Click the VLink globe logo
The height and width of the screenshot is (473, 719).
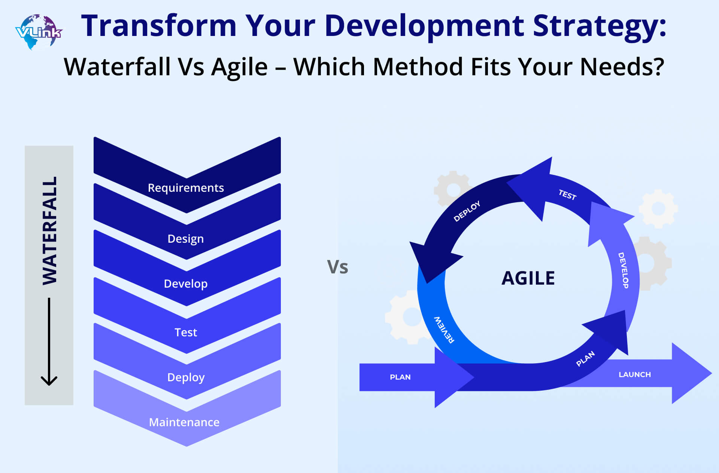click(39, 32)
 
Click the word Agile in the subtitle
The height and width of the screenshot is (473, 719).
click(239, 67)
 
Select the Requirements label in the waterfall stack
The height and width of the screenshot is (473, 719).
click(186, 188)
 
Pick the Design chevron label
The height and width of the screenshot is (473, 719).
click(186, 239)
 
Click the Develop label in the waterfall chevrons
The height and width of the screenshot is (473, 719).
click(186, 284)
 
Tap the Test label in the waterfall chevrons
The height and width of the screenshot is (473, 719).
click(186, 332)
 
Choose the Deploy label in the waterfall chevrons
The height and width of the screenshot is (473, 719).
click(186, 377)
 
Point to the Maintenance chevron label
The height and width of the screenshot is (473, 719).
click(184, 422)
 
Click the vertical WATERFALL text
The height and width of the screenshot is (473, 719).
click(49, 231)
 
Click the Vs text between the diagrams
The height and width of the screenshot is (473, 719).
click(337, 267)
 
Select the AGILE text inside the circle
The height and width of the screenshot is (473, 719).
click(528, 278)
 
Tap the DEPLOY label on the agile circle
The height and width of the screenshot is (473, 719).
click(467, 211)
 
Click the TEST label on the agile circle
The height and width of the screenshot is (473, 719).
click(567, 194)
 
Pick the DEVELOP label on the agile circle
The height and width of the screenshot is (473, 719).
click(623, 270)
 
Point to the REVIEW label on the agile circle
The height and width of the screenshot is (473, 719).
click(444, 330)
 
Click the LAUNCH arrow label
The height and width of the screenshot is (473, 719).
click(635, 375)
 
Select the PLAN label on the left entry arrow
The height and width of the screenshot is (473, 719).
click(400, 377)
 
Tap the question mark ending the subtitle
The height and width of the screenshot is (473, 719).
click(658, 66)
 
